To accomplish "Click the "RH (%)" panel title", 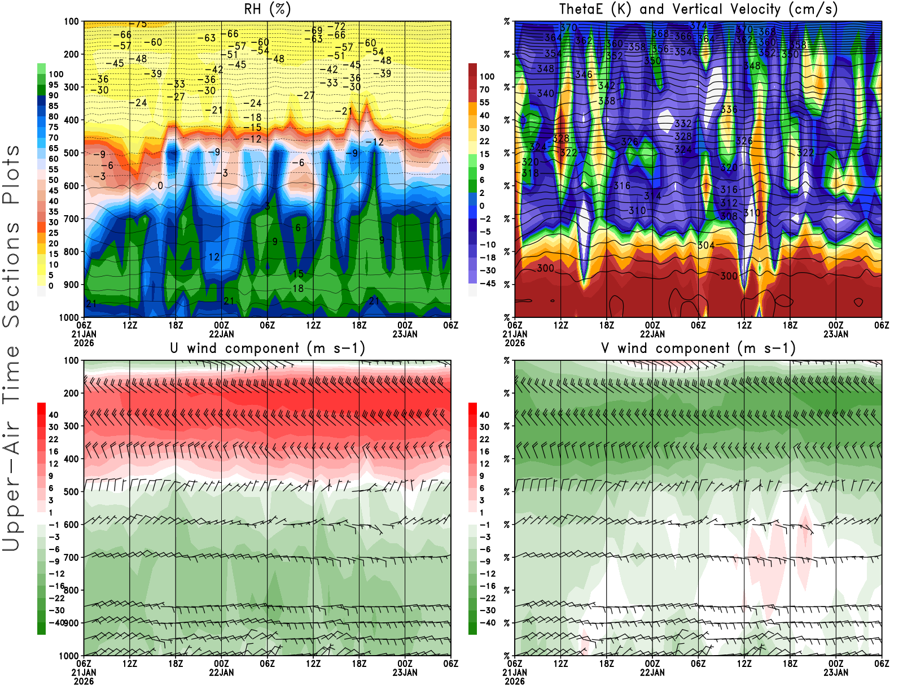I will tap(267, 10).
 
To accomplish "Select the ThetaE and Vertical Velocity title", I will tap(698, 10).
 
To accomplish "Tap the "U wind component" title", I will tap(267, 348).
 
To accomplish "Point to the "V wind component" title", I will tap(698, 348).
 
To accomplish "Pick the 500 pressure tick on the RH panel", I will tap(72, 153).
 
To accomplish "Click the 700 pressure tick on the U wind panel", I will tap(72, 557).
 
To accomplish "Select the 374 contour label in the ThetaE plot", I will tap(699, 25).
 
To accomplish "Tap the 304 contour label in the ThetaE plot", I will tap(706, 245).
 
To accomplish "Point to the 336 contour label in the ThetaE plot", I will tap(729, 110).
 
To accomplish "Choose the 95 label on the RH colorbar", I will tap(53, 85).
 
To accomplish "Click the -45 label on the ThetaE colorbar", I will tap(486, 283).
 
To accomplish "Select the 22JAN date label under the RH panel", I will tap(221, 334).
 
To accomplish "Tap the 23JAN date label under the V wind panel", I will tap(836, 673).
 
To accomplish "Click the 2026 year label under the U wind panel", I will tap(84, 681).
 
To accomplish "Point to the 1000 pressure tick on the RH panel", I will tap(69, 317).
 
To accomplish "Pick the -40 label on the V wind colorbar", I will tap(486, 623).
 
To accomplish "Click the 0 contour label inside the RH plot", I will tap(160, 186).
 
